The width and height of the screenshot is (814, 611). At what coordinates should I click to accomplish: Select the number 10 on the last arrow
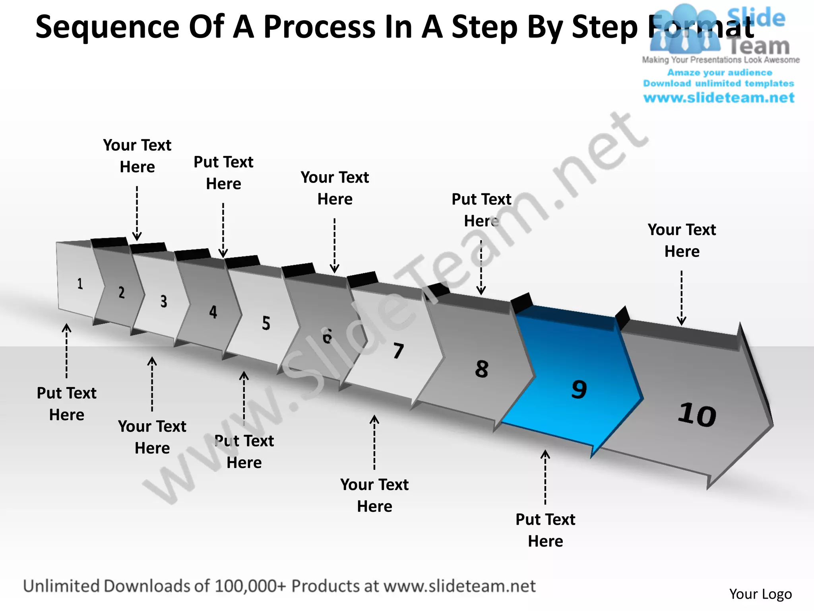697,414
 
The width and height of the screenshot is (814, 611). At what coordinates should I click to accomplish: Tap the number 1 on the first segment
80,284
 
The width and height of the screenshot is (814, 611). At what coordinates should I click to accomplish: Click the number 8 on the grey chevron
481,369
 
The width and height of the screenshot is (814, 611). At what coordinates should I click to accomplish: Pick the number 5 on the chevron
266,323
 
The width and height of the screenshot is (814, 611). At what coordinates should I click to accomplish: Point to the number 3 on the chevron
163,302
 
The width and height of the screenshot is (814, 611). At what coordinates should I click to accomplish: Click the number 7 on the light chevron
398,350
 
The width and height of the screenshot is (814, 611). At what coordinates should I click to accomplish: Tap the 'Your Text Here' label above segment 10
682,240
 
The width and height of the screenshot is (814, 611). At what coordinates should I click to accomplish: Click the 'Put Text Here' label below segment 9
545,530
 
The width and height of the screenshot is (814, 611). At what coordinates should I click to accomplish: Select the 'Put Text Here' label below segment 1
66,403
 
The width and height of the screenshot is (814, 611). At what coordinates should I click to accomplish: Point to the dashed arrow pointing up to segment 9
545,477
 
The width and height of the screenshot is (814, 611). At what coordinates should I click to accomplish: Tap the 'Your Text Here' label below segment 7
374,495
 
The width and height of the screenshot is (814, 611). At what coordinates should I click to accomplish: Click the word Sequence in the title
107,27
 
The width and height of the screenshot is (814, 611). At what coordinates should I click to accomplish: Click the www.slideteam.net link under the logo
719,98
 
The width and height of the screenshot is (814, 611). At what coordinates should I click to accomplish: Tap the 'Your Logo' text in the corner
760,594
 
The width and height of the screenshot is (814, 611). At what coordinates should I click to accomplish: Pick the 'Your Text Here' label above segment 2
137,156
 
